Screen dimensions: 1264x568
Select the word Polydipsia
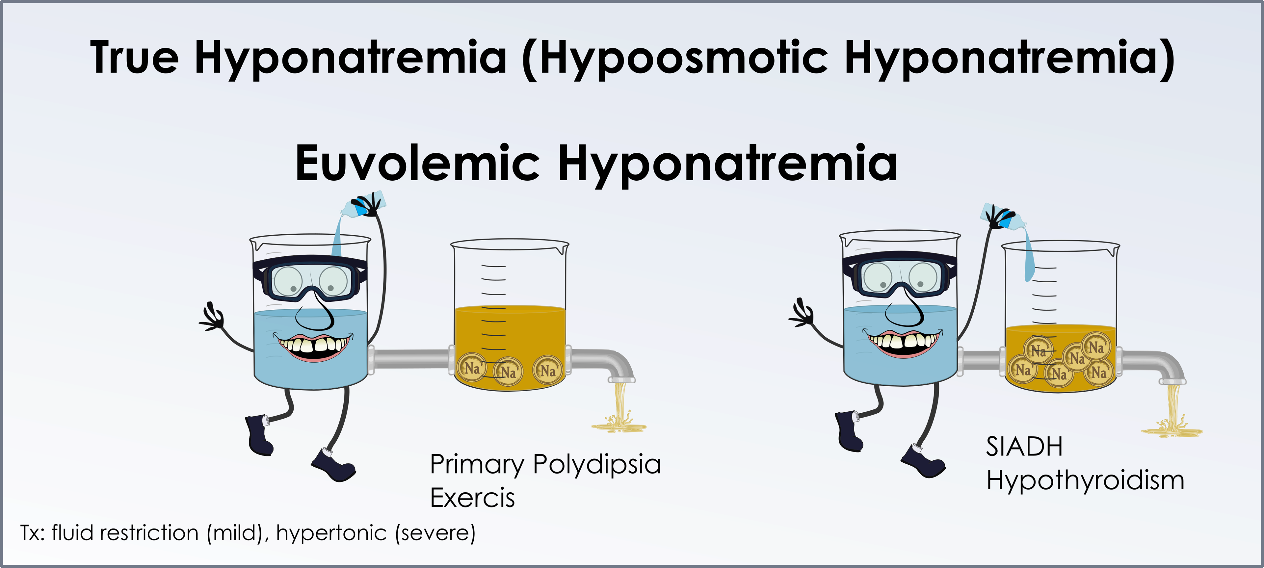click(x=597, y=465)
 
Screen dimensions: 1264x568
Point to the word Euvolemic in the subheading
click(x=418, y=163)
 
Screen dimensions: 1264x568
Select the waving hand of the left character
click(x=212, y=316)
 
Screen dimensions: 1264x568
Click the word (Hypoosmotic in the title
click(x=675, y=59)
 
